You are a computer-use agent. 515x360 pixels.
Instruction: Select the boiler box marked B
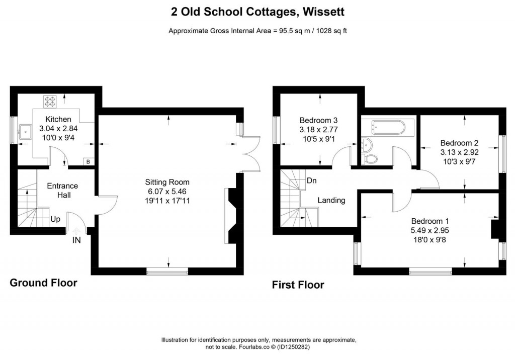88,162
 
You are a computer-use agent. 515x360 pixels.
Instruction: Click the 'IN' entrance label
76,240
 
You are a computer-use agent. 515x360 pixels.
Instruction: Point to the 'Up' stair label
55,220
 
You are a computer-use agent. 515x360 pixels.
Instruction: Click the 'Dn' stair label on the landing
312,181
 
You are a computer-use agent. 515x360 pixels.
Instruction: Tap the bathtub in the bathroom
386,127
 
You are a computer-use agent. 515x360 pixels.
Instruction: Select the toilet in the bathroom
371,159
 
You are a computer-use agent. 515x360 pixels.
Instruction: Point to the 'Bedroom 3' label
318,121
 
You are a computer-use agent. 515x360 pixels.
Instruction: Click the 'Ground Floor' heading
44,283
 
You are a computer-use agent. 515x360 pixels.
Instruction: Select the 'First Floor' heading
298,285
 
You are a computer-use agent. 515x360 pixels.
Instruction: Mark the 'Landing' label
331,200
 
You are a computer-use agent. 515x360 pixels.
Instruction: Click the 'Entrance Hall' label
62,190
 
